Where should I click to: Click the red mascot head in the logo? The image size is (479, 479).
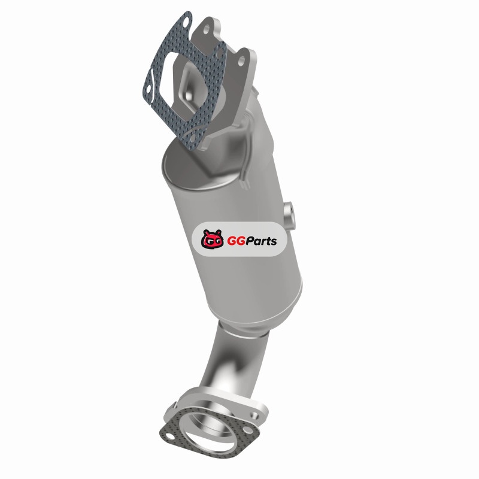click(x=211, y=239)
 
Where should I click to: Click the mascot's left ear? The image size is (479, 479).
click(x=205, y=232)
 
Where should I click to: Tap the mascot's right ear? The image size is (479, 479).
click(x=219, y=232)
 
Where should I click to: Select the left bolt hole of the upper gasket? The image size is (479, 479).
click(x=148, y=89)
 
